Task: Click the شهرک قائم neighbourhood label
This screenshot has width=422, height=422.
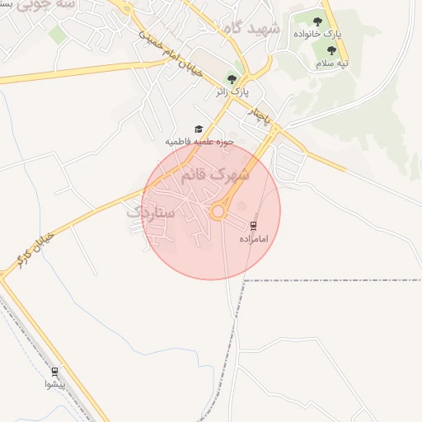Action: [x=218, y=176]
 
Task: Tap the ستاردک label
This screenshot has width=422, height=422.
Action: [x=151, y=212]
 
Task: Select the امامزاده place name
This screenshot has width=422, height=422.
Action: [x=254, y=238]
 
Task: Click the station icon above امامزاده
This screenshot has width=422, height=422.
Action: [x=253, y=225]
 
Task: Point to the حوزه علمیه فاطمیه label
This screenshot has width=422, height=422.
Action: [x=200, y=141]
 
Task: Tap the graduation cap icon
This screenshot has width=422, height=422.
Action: [x=198, y=129]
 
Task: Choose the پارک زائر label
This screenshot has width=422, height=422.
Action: [x=232, y=91]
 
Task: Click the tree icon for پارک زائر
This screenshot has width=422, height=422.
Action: [x=232, y=78]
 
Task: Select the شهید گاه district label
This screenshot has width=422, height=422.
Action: [x=251, y=28]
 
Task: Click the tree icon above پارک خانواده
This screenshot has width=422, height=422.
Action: [x=317, y=21]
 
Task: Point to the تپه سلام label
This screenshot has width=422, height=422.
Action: [x=334, y=63]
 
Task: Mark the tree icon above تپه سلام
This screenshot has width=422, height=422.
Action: [x=332, y=50]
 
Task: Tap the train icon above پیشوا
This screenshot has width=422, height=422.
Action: [x=55, y=371]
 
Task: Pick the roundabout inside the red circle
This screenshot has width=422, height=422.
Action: [x=218, y=212]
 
